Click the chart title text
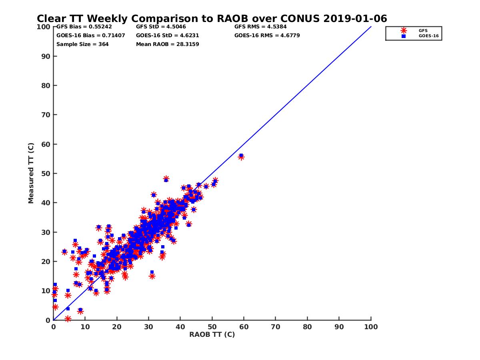click(212, 19)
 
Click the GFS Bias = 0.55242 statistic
click(84, 27)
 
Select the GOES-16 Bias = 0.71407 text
click(90, 36)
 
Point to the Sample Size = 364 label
click(82, 44)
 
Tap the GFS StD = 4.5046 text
click(161, 27)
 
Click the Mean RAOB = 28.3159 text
click(168, 44)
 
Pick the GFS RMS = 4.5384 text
click(260, 27)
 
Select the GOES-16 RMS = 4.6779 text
click(267, 36)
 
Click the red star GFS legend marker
click(404, 30)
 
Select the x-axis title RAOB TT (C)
click(212, 335)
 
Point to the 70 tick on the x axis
click(276, 327)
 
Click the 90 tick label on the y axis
click(46, 56)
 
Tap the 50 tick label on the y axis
click(46, 173)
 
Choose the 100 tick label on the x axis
click(371, 327)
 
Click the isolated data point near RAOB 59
click(241, 156)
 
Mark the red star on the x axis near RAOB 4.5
click(68, 319)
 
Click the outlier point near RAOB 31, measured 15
click(152, 276)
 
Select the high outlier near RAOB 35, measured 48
click(166, 179)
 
